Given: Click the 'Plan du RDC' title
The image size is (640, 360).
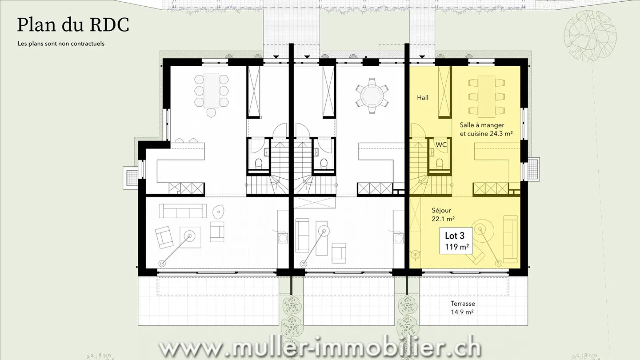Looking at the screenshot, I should point(73,25).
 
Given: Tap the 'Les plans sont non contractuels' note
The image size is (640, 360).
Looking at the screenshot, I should point(61,44).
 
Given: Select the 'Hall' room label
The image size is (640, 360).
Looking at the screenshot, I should point(423,97).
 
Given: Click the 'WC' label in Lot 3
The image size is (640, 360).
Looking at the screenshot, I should point(441,145).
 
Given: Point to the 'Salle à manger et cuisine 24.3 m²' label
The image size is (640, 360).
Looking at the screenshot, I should point(486,129).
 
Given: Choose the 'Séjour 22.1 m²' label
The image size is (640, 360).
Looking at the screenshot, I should point(443,214).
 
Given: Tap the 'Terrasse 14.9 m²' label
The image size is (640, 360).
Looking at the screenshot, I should point(463,308).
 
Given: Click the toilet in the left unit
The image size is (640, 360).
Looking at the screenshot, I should point(258,163).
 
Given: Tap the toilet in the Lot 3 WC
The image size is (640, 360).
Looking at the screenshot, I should point(439,163).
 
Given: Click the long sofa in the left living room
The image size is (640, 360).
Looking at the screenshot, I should point(183,211).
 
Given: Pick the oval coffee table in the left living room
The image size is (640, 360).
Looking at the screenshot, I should point(219,212).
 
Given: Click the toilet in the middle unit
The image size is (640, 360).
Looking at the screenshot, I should point(324,163).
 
